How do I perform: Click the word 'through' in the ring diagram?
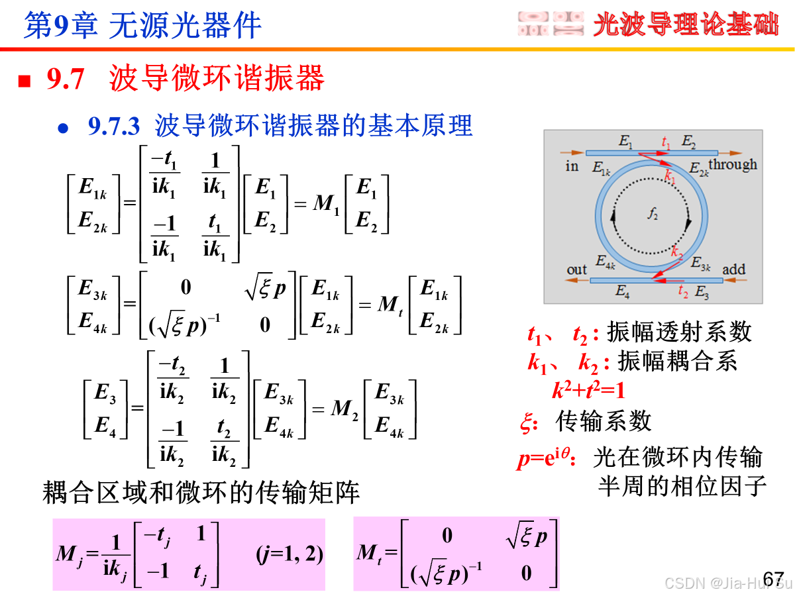click(733, 164)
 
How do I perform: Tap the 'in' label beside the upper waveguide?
click(572, 166)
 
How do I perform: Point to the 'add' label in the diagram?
click(733, 270)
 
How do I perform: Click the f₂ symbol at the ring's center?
click(653, 213)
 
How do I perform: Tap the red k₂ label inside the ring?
click(676, 252)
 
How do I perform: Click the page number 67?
click(772, 578)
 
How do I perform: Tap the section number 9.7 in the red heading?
click(66, 79)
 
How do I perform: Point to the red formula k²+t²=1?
click(589, 391)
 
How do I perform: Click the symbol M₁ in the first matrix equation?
click(327, 204)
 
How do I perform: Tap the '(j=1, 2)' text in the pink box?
click(290, 554)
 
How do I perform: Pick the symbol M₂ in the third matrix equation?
click(344, 409)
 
